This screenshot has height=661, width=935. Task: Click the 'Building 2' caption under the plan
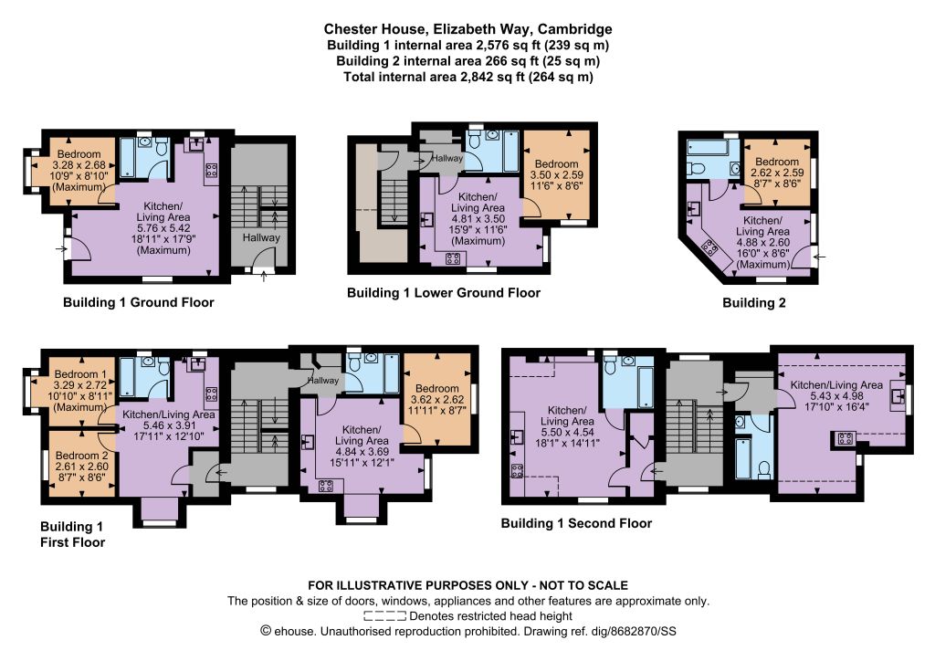(753, 303)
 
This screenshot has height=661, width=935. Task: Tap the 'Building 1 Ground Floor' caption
(139, 302)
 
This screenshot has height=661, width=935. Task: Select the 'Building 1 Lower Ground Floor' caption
(444, 293)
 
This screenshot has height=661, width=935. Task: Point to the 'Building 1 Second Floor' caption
(576, 523)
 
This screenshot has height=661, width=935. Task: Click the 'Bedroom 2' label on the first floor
(81, 456)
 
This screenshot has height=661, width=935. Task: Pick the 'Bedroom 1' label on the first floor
(80, 375)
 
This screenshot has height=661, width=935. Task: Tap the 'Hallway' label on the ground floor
(261, 237)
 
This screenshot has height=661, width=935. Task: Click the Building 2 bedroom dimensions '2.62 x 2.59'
(777, 173)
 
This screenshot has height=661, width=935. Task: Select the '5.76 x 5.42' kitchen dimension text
(163, 228)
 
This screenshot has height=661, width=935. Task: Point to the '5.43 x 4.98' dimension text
(836, 396)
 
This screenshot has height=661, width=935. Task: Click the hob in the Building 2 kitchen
(709, 247)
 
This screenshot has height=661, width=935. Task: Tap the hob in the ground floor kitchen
(211, 170)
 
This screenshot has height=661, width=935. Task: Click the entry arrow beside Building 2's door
(820, 257)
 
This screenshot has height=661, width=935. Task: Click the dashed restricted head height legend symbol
(384, 616)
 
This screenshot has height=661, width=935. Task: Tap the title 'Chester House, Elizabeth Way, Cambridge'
(467, 28)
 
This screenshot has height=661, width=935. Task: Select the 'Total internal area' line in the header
(468, 77)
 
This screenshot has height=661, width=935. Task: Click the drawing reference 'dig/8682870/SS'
(643, 632)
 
